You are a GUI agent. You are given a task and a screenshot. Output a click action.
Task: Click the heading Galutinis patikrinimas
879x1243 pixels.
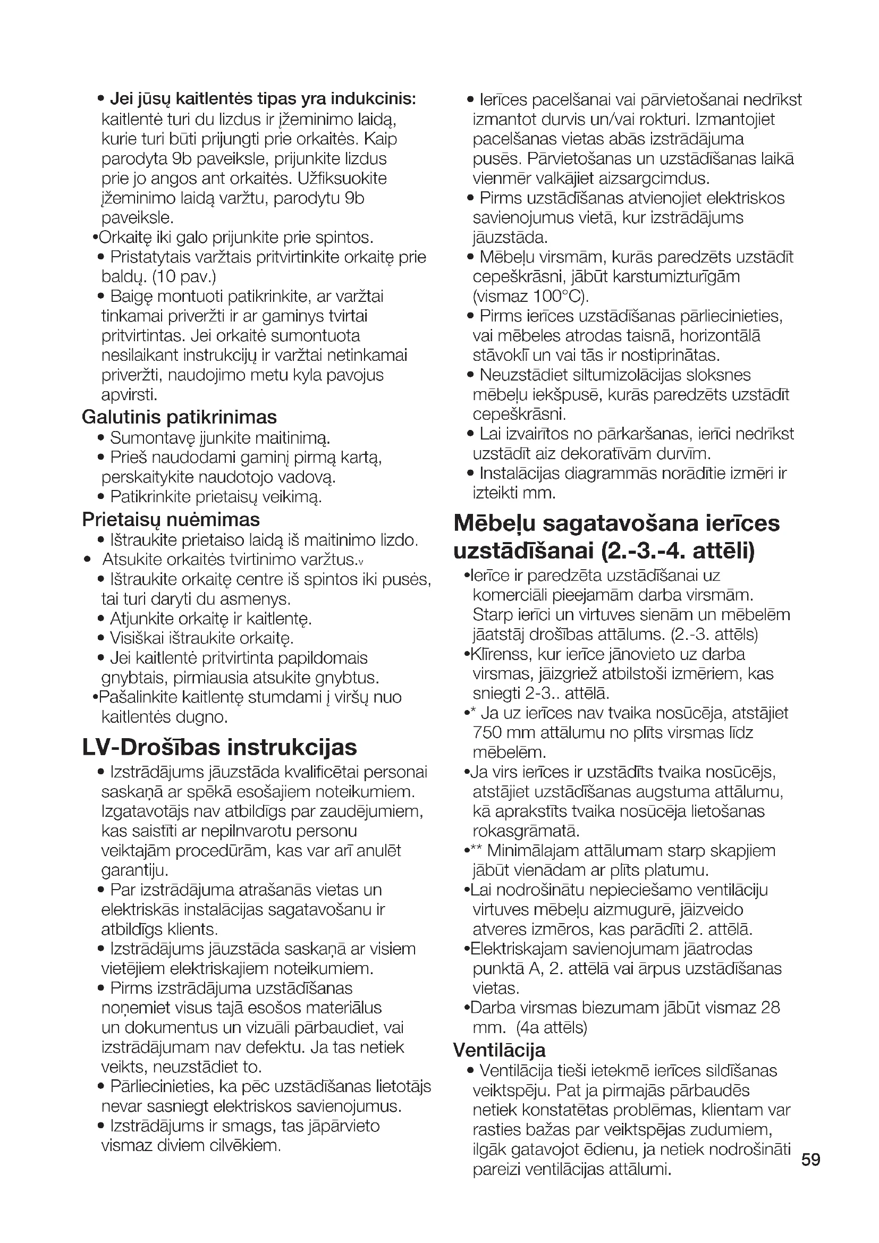tap(179, 417)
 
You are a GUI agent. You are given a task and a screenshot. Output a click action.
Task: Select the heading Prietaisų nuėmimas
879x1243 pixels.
tap(171, 519)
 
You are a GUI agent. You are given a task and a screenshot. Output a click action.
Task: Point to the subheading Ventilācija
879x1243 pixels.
tap(499, 1050)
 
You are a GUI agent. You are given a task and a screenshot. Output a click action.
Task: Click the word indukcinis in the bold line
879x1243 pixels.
tap(373, 99)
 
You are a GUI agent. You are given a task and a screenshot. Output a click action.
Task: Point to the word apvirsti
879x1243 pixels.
tap(129, 395)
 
